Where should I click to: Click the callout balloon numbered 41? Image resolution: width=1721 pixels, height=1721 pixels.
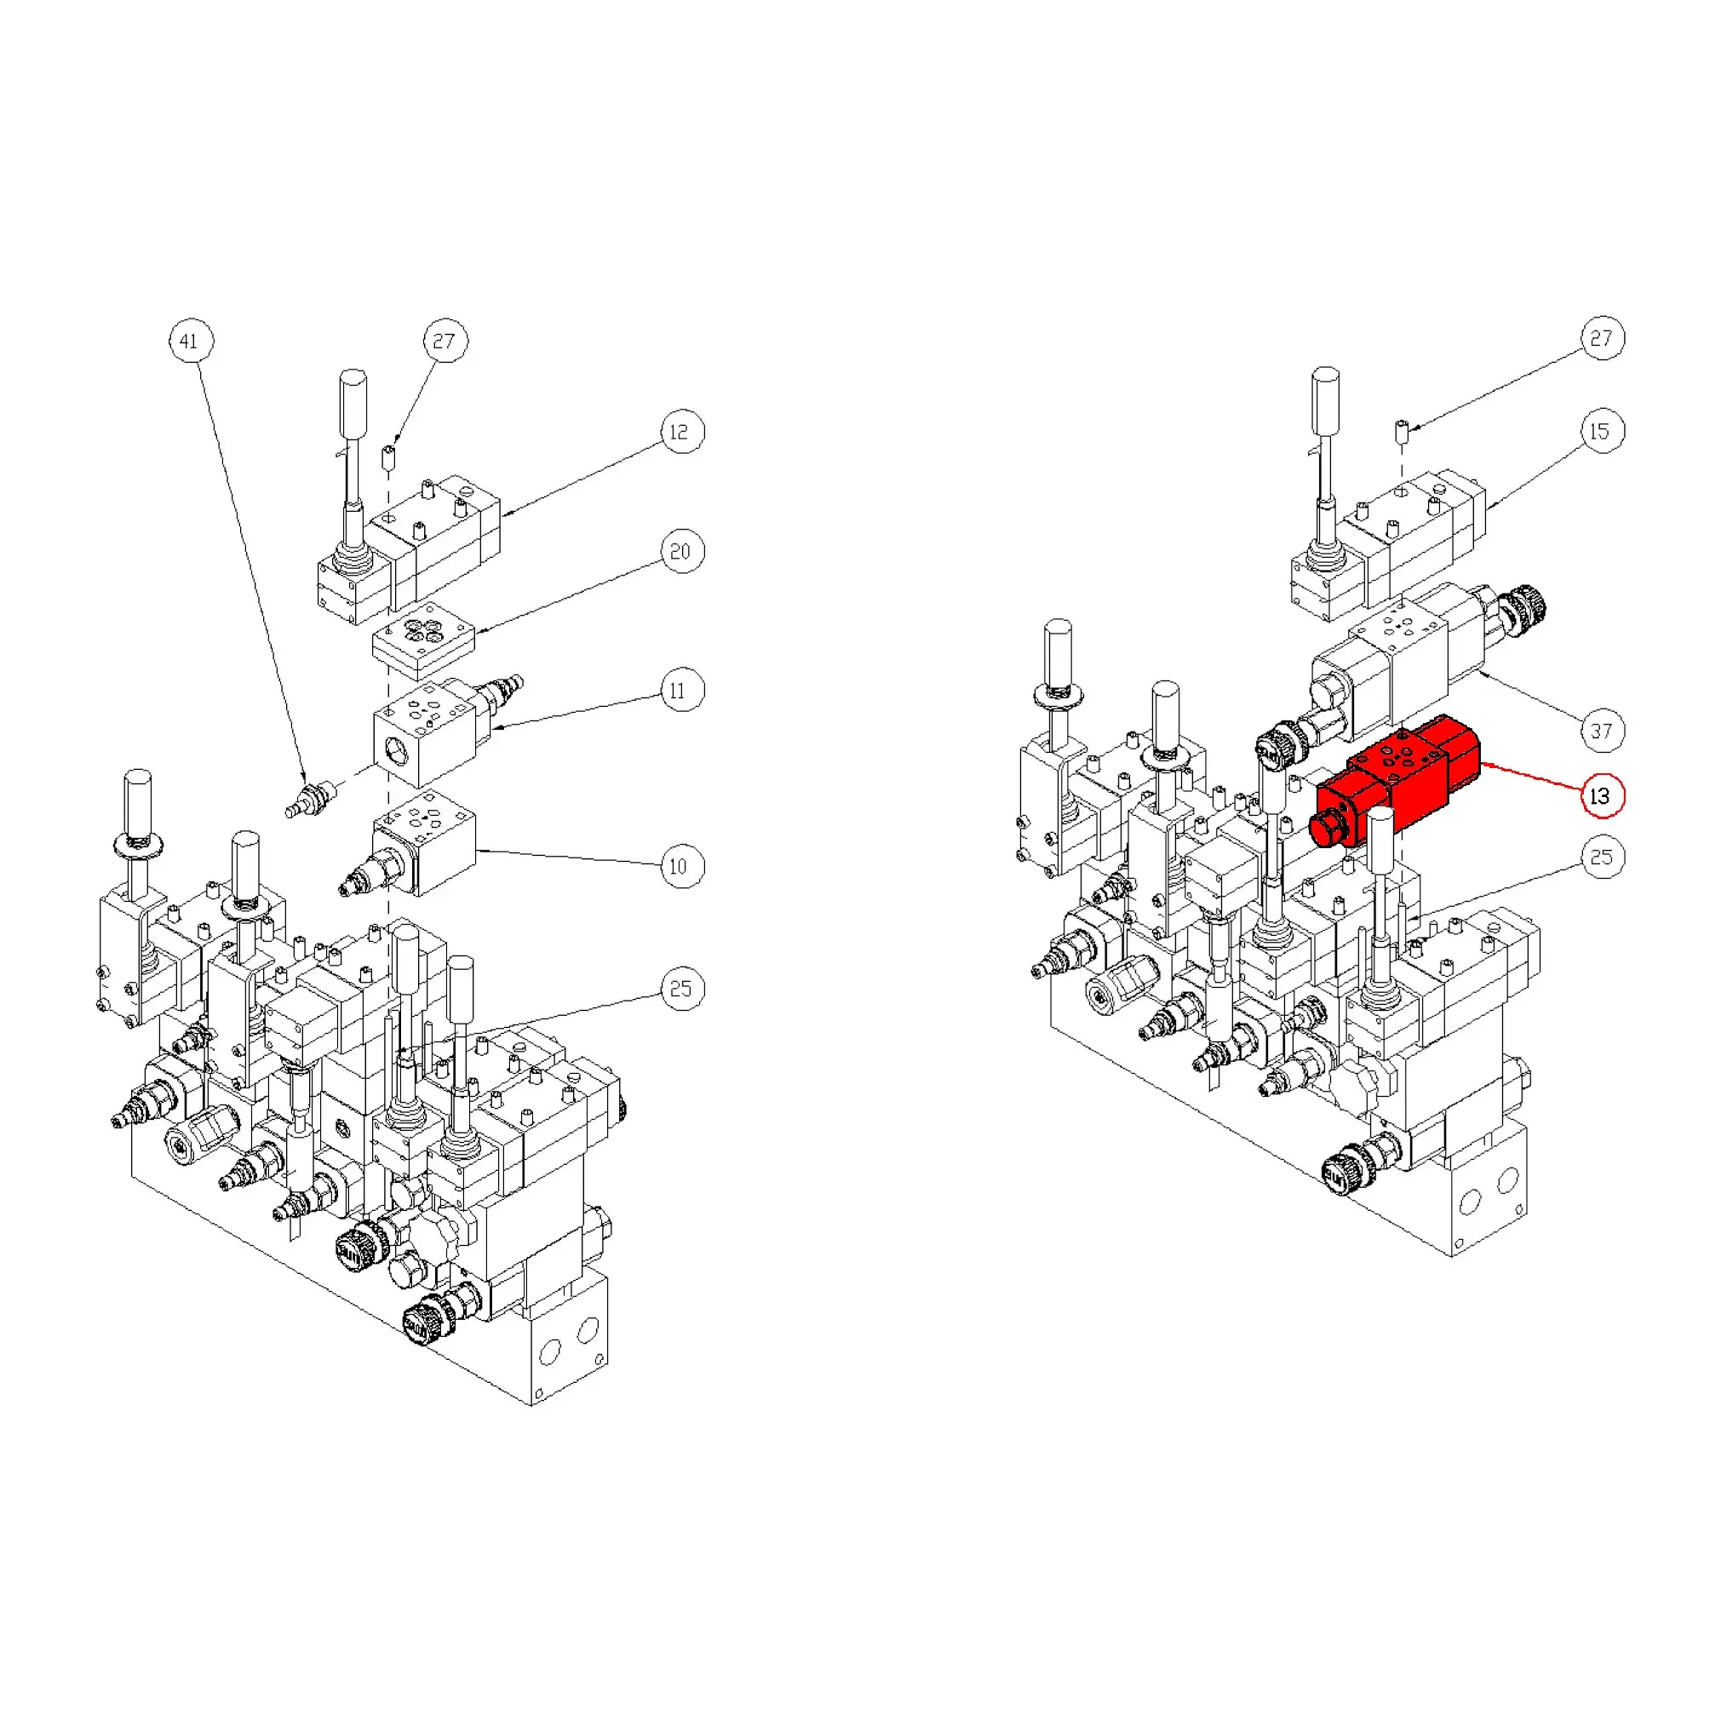[191, 341]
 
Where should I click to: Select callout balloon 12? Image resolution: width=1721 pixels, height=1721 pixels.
[682, 432]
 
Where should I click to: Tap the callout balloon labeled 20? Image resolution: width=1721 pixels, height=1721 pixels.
[682, 552]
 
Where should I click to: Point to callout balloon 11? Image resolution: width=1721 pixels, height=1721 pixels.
[681, 690]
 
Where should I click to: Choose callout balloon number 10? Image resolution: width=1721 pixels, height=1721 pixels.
[681, 866]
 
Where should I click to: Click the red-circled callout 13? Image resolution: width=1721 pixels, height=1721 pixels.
[1602, 795]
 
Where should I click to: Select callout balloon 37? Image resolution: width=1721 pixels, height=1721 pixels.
[1602, 731]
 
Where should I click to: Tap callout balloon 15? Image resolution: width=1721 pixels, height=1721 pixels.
[1602, 431]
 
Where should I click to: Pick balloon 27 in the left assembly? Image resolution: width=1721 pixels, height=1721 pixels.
[445, 341]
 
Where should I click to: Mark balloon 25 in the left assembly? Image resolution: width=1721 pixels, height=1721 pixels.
[681, 989]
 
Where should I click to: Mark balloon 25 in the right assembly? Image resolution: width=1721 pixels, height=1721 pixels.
[1602, 857]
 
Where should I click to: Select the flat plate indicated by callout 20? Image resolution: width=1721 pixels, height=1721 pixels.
[423, 640]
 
